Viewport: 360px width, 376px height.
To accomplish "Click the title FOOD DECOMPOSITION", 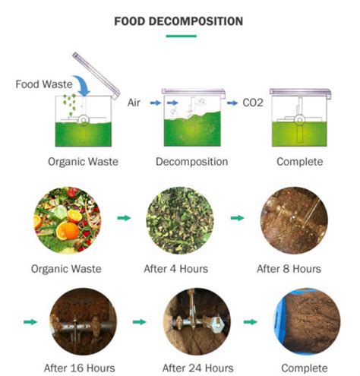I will pos(178,21).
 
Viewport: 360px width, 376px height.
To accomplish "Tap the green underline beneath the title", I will pos(178,35).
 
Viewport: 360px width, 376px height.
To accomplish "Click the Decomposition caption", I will pos(191,162).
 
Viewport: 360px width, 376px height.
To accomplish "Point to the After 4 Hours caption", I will pos(179,268).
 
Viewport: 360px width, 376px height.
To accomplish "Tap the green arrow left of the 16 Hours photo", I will pos(30,321).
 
